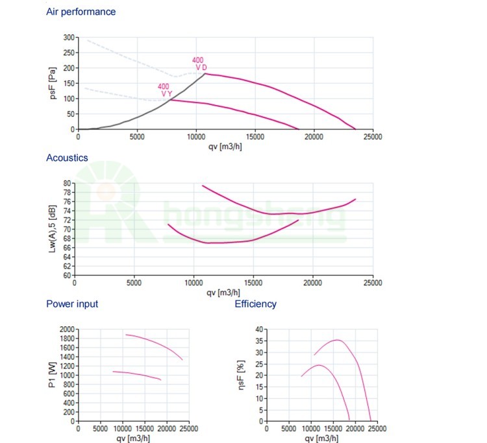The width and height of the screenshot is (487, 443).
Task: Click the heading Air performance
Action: pos(81,12)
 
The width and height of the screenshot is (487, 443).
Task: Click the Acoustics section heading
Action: pos(67,158)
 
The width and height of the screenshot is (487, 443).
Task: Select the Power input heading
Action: pos(72,304)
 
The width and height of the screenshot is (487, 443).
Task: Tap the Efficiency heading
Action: pos(255,304)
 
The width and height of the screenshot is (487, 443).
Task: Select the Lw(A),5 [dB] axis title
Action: pos(52,229)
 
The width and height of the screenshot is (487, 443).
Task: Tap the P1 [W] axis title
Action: pos(52,375)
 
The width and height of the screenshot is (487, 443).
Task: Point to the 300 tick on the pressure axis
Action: pos(68,38)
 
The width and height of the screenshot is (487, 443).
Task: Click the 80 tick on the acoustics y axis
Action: pos(67,184)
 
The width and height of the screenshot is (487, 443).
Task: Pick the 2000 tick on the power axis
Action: pos(67,329)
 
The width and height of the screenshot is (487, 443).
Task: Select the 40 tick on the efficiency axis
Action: pos(259,329)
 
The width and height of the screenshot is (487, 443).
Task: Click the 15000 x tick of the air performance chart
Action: pos(255,137)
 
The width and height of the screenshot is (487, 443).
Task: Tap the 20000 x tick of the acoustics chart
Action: pos(313,283)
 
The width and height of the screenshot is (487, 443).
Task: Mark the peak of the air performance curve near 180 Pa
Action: pos(205,73)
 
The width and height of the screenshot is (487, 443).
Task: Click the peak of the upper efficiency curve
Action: pos(336,340)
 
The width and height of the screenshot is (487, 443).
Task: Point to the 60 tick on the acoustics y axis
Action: pos(67,275)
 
